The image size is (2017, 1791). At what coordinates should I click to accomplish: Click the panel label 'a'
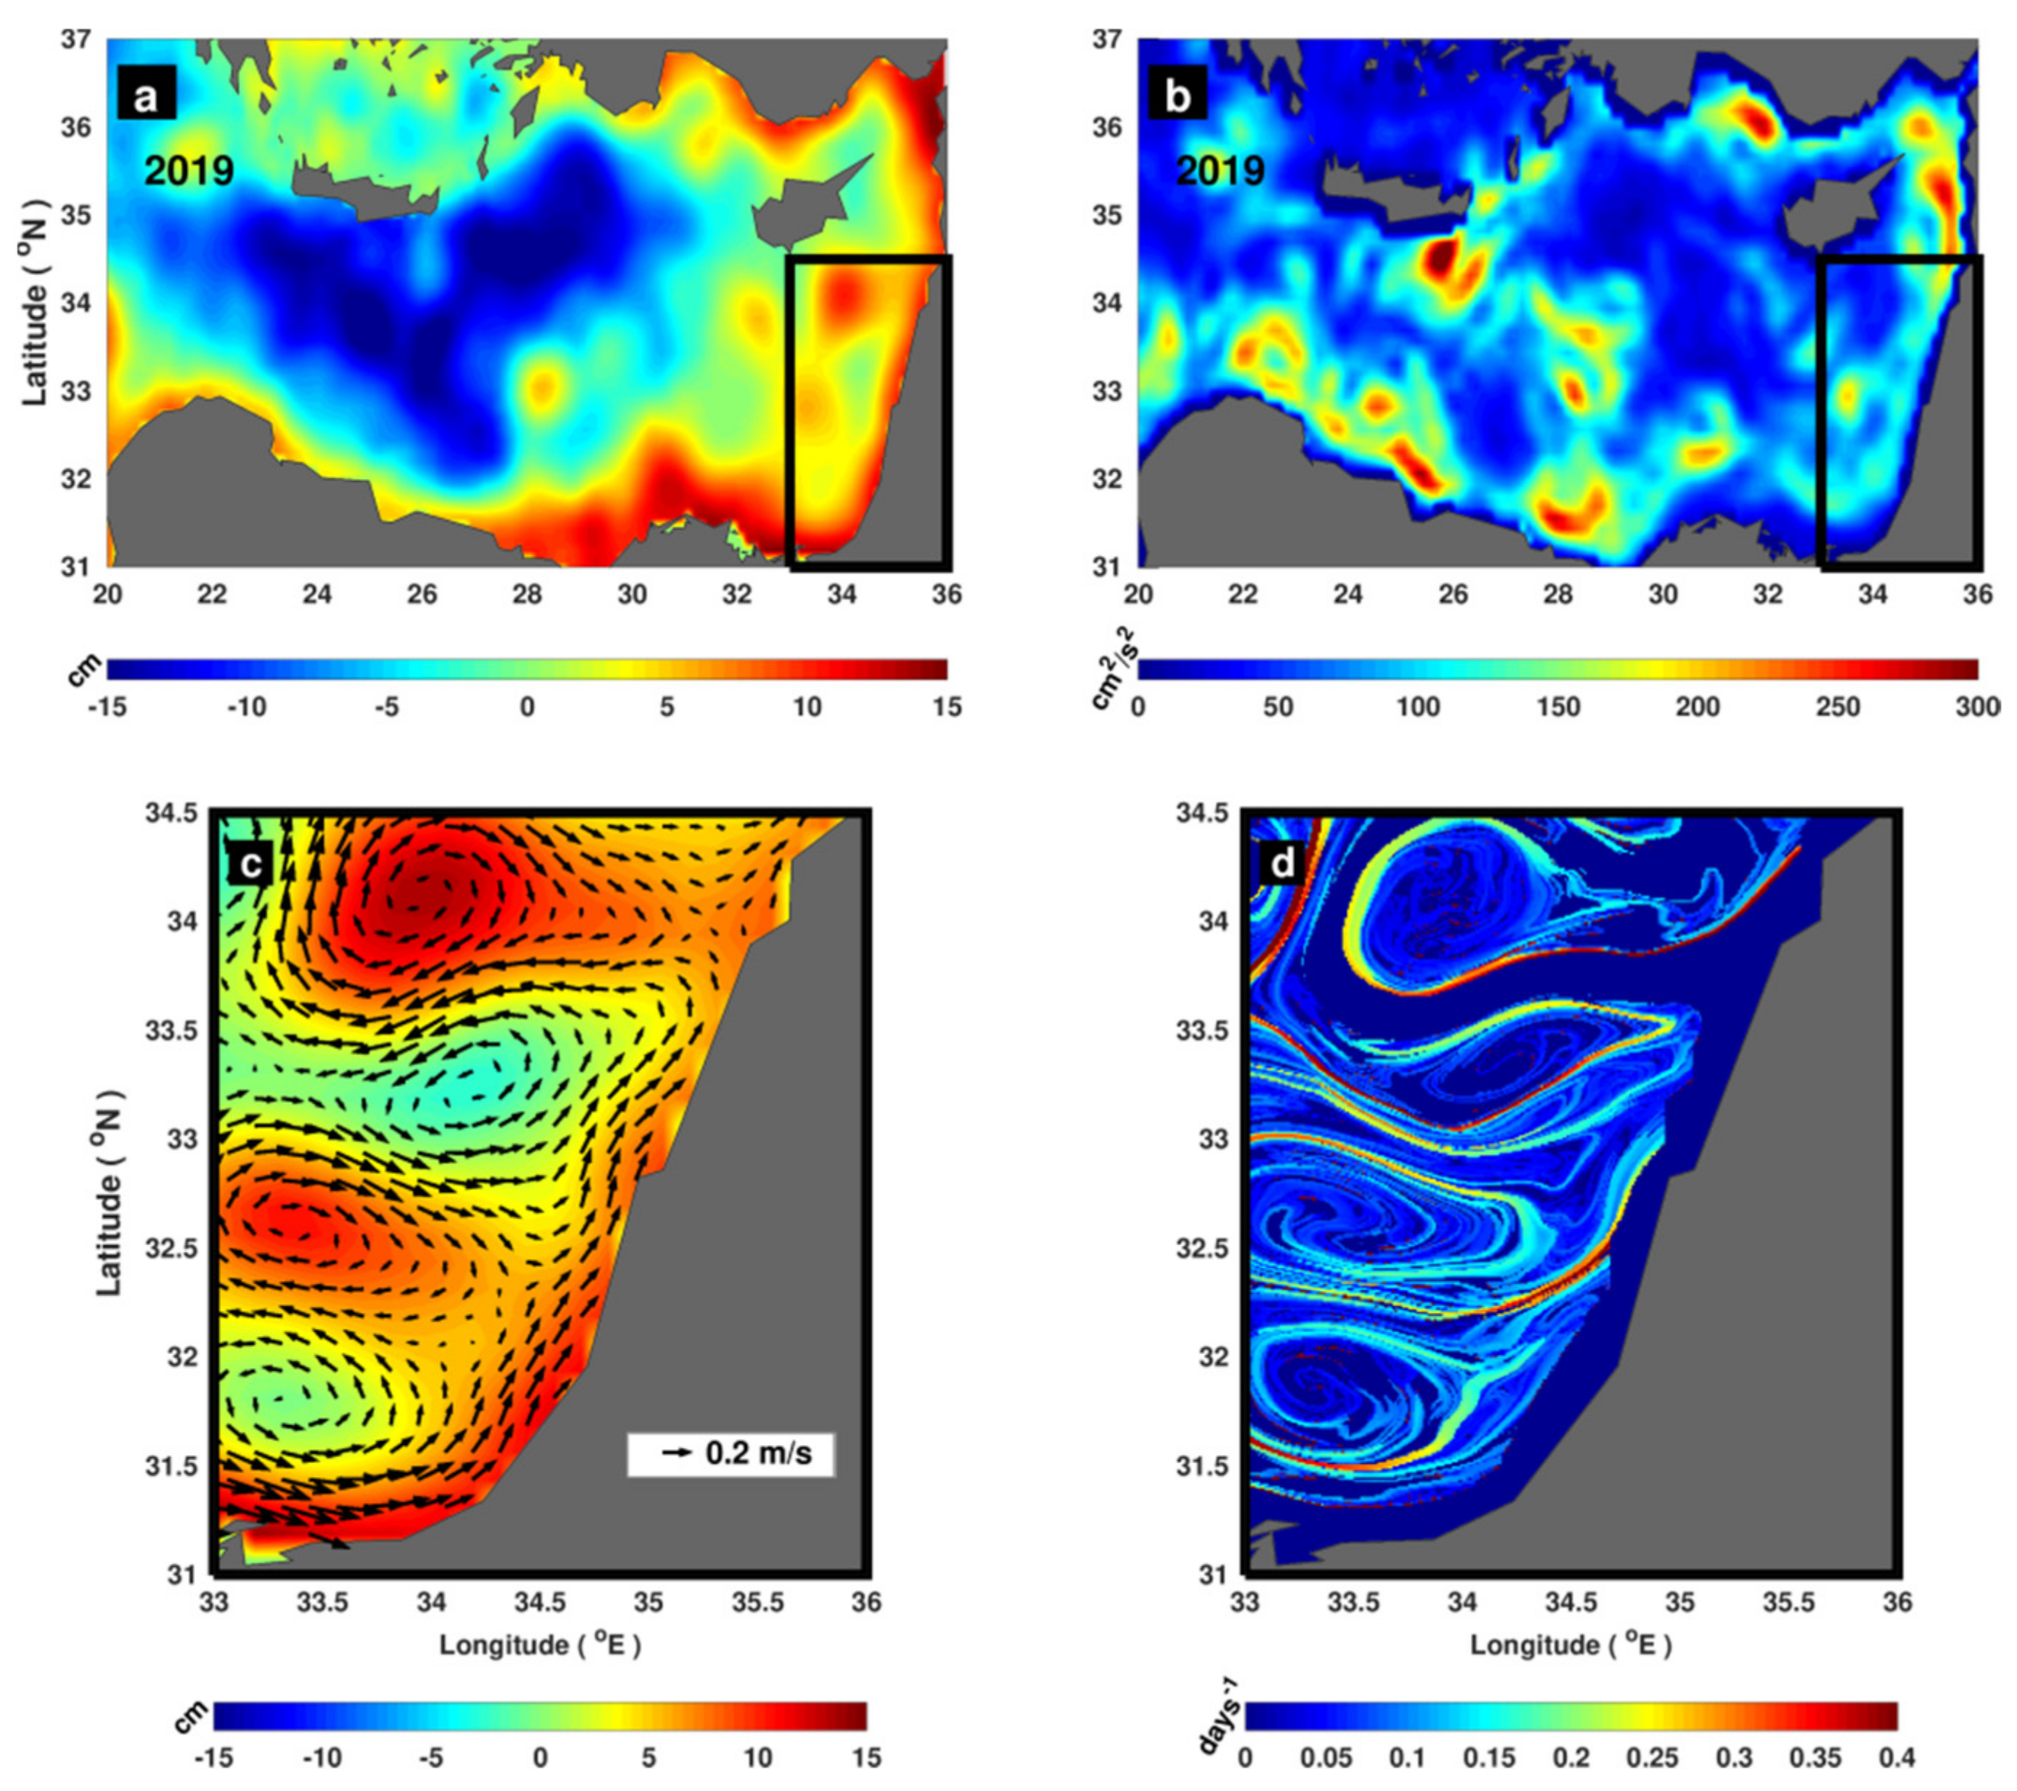pos(146,96)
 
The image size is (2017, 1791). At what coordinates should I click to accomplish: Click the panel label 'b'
pos(1178,96)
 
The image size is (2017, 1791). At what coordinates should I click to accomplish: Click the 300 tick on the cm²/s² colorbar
pos(1979,707)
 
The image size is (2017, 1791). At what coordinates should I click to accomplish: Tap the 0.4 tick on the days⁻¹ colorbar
pos(1897,1758)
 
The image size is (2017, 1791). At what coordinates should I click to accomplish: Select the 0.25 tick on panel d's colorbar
pos(1653,1758)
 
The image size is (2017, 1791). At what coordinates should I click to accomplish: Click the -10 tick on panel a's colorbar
pos(247,707)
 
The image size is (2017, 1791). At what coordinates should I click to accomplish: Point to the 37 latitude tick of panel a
pos(76,39)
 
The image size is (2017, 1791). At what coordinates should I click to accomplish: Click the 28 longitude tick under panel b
pos(1558,594)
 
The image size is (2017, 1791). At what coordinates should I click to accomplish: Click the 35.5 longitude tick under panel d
pos(1788,1602)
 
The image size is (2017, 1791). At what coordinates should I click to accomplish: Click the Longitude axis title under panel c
pos(540,1645)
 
